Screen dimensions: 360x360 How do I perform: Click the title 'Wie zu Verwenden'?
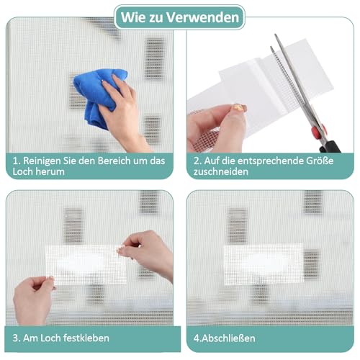[179, 17]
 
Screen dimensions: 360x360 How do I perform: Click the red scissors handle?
[327, 140]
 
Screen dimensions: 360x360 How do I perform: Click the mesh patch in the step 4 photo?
[262, 264]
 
